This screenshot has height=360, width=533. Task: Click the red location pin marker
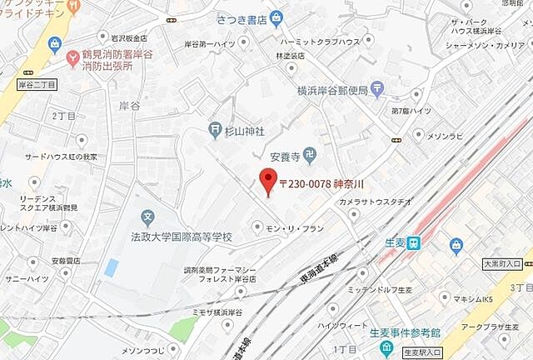267,180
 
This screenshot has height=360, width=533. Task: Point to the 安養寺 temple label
285,154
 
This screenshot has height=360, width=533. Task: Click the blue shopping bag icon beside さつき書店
276,18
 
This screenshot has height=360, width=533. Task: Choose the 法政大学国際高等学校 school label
182,237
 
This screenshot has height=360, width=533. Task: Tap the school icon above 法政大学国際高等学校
148,219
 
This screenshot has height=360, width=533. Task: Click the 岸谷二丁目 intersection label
36,85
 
